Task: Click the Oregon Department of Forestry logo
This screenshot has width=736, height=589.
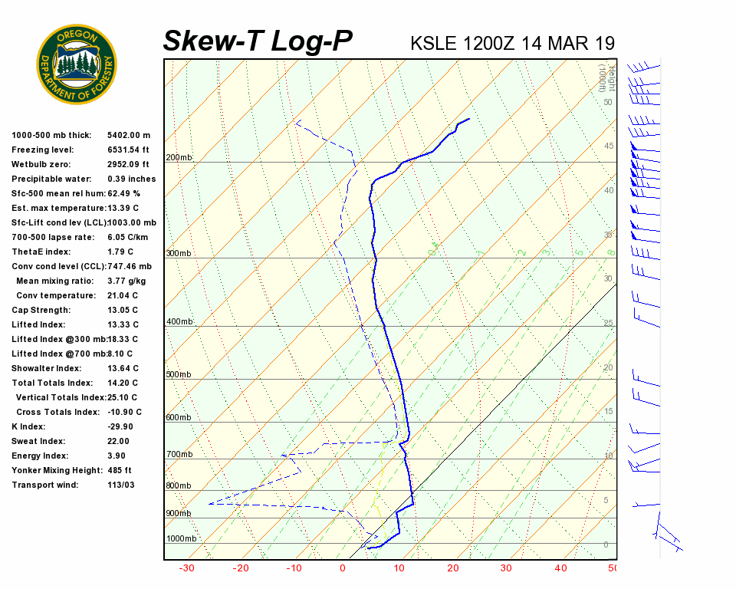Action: tap(77, 64)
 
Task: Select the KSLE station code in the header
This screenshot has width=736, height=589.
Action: tap(434, 43)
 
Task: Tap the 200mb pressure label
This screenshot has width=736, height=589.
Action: tap(179, 158)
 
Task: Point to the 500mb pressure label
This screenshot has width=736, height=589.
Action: tap(179, 375)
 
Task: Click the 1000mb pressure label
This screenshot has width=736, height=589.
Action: tap(181, 539)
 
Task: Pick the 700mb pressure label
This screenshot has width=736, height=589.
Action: tap(179, 455)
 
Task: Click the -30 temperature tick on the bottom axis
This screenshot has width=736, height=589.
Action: tap(186, 568)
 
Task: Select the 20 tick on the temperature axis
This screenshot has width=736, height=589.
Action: tap(452, 568)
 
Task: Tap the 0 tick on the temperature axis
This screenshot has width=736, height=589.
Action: tap(342, 568)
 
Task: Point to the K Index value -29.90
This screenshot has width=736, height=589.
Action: tap(120, 426)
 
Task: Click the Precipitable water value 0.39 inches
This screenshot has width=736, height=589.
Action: tap(131, 179)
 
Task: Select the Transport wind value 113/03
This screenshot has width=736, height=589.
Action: tap(121, 485)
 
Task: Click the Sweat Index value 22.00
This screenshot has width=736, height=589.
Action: tap(118, 441)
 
